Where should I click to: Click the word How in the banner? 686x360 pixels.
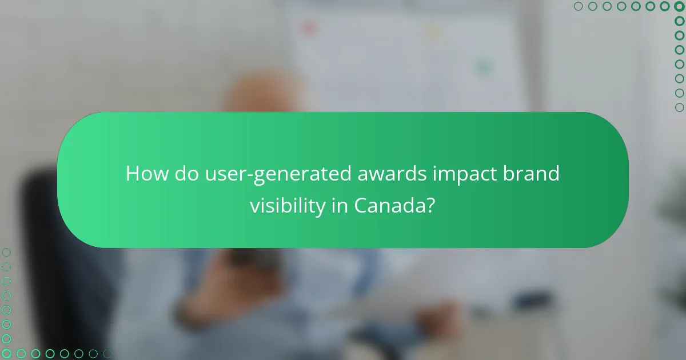[145, 174]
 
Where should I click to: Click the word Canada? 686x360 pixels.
[390, 206]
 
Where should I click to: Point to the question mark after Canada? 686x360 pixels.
[432, 206]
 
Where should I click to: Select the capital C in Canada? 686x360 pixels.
[361, 206]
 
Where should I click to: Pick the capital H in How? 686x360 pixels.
[133, 174]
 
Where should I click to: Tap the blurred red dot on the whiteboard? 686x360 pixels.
[309, 27]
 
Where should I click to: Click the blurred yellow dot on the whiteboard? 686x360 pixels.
[434, 33]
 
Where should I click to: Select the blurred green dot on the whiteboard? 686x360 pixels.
[484, 67]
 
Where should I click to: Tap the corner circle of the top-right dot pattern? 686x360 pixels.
[680, 6]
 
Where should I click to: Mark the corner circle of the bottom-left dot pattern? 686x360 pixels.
[6, 354]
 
